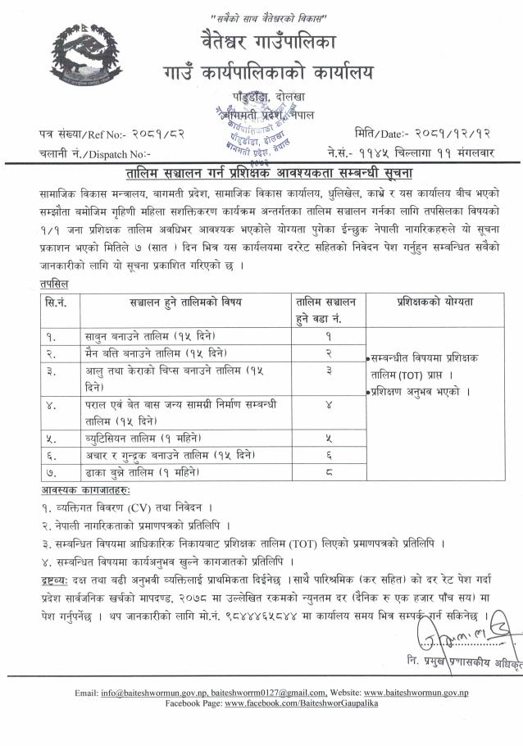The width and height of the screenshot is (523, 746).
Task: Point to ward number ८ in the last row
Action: (x=329, y=472)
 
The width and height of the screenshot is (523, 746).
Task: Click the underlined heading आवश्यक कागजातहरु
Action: (x=84, y=490)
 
